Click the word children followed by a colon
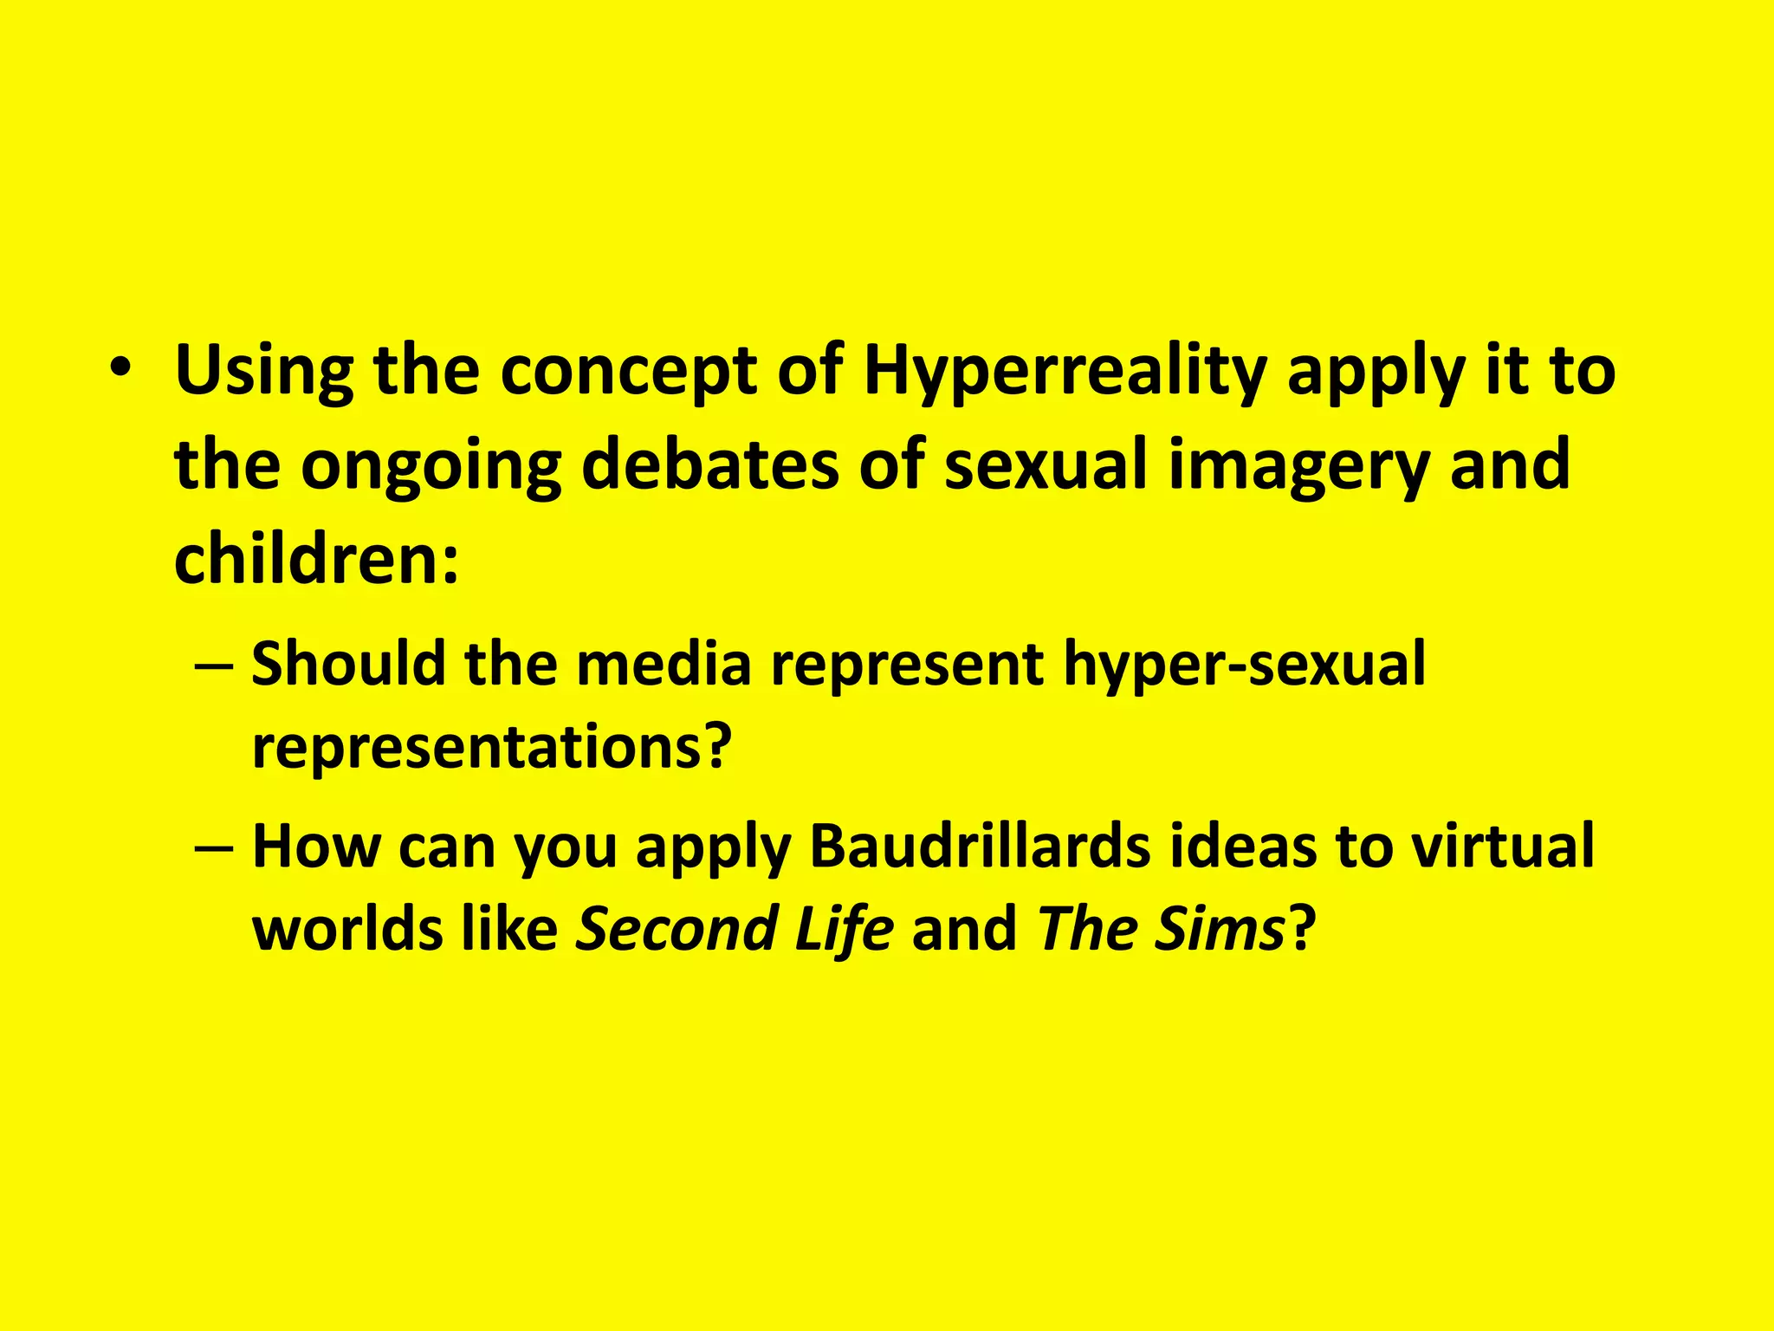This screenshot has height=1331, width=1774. coord(315,558)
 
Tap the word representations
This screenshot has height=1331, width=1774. coord(491,746)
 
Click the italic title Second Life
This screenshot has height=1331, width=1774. coord(735,928)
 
